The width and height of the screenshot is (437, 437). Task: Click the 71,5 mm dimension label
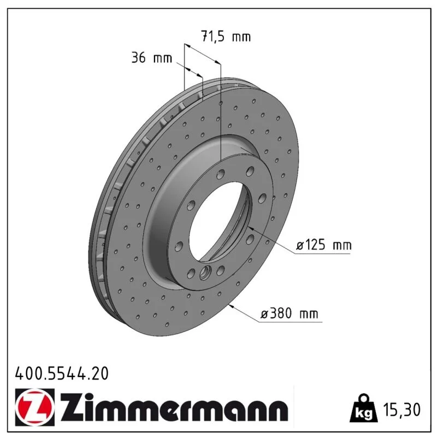pos(226,36)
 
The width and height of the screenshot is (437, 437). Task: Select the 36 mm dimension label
pos(152,58)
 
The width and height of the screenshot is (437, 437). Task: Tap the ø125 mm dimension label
pos(323,245)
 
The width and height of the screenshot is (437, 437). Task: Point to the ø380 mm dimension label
pos(289,314)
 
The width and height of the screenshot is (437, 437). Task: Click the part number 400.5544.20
pos(62,374)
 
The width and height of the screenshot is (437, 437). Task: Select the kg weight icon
pos(364,409)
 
